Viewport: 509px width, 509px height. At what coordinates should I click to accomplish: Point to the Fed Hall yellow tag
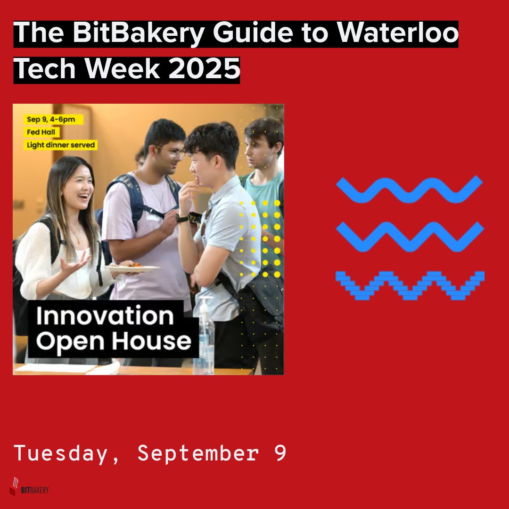click(x=41, y=132)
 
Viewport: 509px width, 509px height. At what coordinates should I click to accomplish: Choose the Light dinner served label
click(x=61, y=145)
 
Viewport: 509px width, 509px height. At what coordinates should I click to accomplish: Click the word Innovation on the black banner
click(x=105, y=316)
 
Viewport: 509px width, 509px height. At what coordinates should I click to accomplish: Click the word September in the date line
click(x=197, y=453)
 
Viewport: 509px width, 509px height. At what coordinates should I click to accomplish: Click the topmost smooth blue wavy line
click(x=409, y=189)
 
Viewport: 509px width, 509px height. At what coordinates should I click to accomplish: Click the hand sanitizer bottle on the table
click(x=205, y=337)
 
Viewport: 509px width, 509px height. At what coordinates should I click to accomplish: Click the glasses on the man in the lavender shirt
click(x=174, y=153)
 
